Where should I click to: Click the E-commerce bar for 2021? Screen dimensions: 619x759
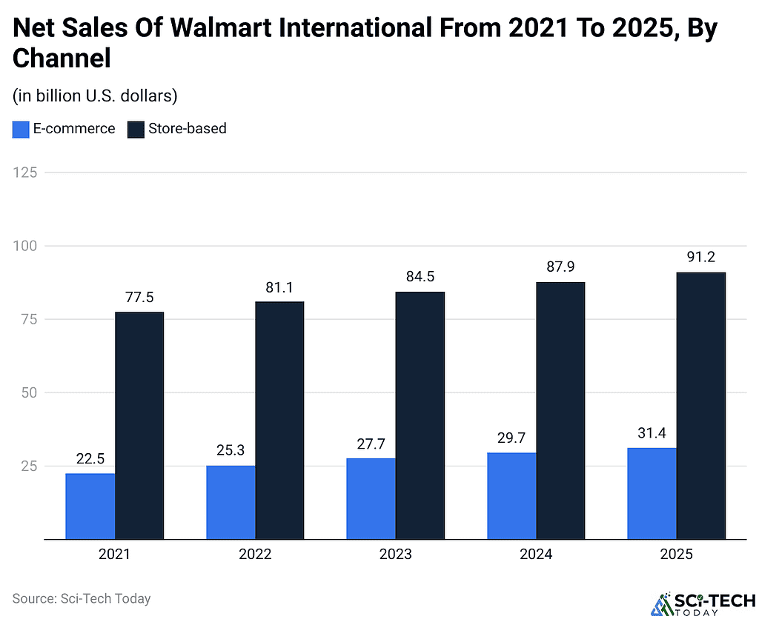click(x=90, y=506)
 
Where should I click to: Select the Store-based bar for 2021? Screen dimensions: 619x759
click(x=139, y=426)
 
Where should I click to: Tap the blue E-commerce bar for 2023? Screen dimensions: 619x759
click(x=371, y=499)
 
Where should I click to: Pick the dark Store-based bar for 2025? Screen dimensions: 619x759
click(x=701, y=406)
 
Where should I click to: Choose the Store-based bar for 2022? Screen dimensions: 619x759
click(x=279, y=421)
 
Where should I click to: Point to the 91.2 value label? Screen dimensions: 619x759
click(x=701, y=258)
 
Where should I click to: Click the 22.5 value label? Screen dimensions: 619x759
click(x=90, y=459)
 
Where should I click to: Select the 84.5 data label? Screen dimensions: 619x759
click(x=420, y=277)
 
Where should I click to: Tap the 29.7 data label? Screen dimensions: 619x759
click(x=511, y=438)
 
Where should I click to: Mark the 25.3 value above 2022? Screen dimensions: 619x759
click(x=231, y=451)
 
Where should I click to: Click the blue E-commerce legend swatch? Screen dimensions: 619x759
click(x=21, y=129)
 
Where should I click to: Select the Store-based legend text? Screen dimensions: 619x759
click(x=187, y=129)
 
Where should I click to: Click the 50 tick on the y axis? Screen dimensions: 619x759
click(x=28, y=392)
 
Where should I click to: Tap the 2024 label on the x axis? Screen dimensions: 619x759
click(x=536, y=555)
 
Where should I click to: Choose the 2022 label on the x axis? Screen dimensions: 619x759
click(x=255, y=555)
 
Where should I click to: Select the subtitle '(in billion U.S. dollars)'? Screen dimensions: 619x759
click(x=94, y=96)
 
